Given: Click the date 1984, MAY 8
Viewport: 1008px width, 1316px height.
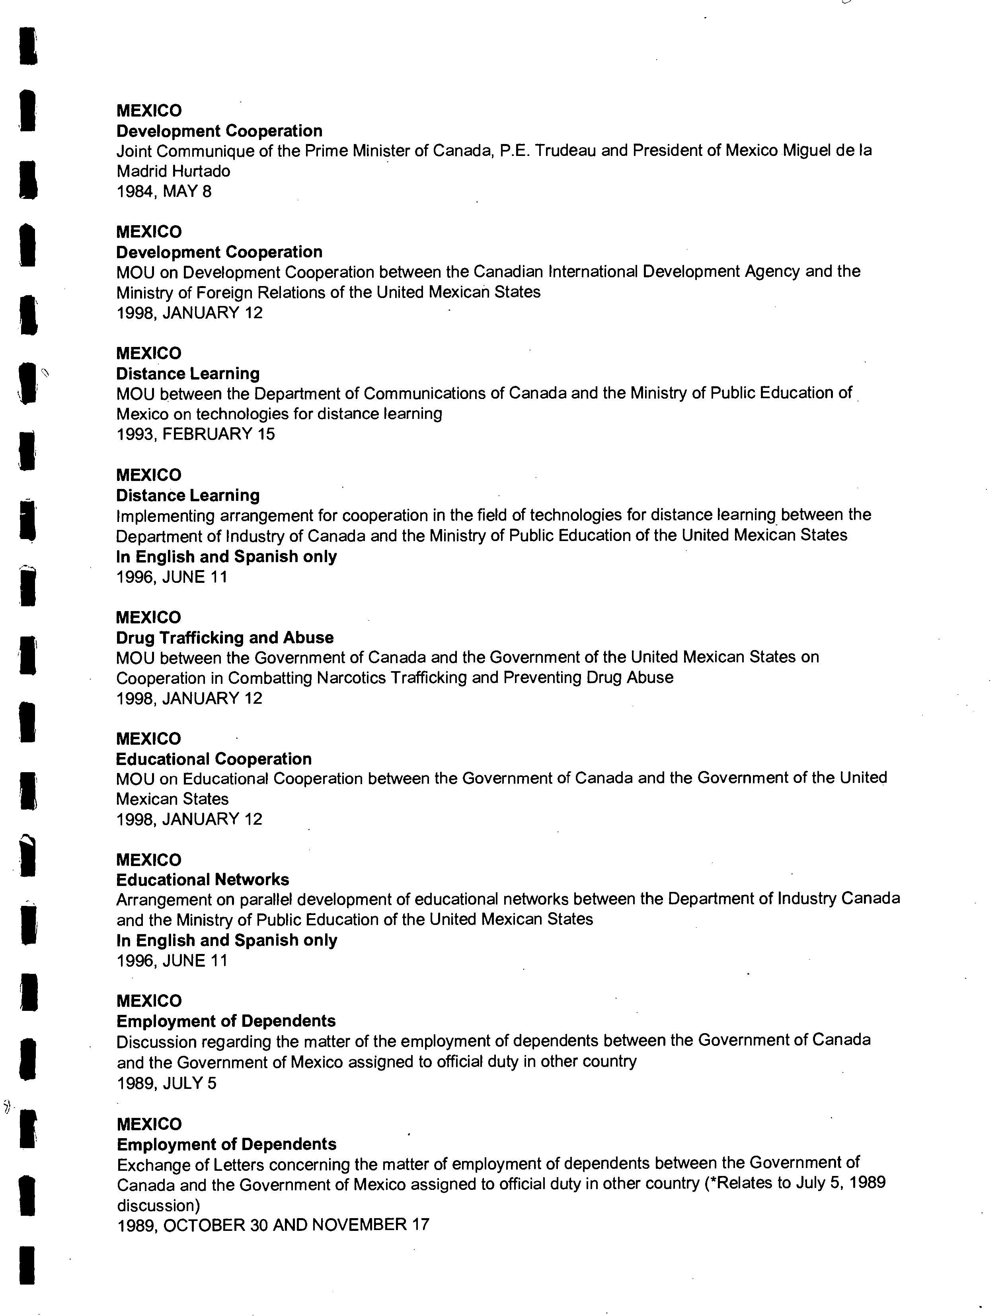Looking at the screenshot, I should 164,192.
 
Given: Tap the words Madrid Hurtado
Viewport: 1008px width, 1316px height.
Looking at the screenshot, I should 174,171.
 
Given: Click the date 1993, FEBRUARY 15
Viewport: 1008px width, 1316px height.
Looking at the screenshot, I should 196,434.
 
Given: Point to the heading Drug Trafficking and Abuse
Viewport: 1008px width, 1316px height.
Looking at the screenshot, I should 225,638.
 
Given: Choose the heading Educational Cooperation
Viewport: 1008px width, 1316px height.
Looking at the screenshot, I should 214,759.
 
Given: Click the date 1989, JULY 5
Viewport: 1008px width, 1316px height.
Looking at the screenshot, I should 166,1083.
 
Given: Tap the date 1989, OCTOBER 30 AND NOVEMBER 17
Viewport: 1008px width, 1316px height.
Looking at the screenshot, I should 273,1225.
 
